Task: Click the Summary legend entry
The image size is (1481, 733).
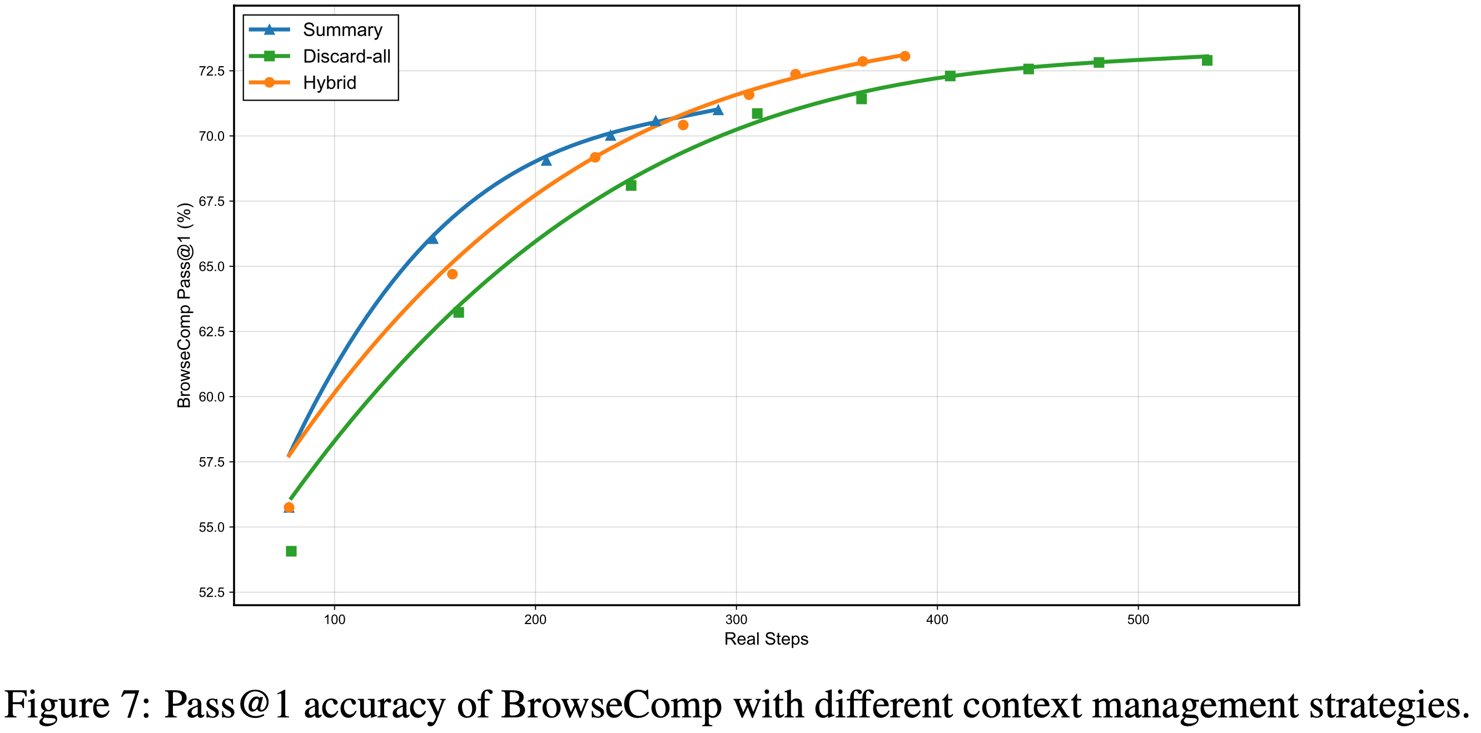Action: [x=342, y=30]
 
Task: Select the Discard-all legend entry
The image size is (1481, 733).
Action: [x=346, y=56]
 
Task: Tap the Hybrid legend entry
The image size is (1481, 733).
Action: [x=330, y=83]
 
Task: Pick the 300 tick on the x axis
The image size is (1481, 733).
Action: [x=736, y=620]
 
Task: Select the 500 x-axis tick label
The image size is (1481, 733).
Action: [x=1138, y=620]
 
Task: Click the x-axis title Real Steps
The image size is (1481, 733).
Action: [x=766, y=639]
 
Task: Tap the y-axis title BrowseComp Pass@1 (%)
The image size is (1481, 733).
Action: [x=184, y=305]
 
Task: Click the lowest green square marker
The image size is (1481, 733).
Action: [x=291, y=551]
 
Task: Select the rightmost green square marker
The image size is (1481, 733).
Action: [x=1207, y=61]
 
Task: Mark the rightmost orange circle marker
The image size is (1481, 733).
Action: [x=904, y=56]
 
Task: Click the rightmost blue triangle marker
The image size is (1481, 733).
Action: [x=718, y=110]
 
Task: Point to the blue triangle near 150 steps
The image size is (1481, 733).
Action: [x=433, y=239]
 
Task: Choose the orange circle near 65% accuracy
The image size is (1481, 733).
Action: [x=453, y=274]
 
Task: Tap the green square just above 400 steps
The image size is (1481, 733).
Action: [x=950, y=76]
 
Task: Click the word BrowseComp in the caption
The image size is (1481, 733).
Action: [x=611, y=705]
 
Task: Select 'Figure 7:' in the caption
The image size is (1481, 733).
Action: [x=78, y=705]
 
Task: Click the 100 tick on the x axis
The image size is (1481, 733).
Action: [x=335, y=620]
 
